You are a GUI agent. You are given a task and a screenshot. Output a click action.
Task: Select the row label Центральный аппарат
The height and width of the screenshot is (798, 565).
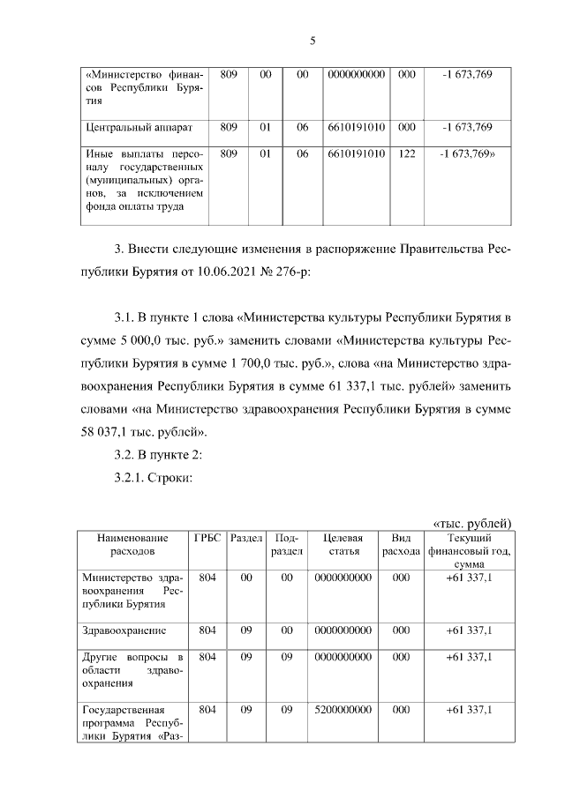[x=131, y=128]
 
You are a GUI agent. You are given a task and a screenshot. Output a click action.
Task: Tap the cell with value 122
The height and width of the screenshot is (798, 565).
[x=406, y=153]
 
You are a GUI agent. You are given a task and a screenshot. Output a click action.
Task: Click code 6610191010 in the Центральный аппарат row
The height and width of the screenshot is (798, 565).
[x=356, y=128]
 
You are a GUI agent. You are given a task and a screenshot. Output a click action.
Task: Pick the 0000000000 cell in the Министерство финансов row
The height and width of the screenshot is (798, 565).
[x=356, y=75]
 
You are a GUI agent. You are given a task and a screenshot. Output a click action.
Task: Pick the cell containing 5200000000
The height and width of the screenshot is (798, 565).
[x=343, y=709]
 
